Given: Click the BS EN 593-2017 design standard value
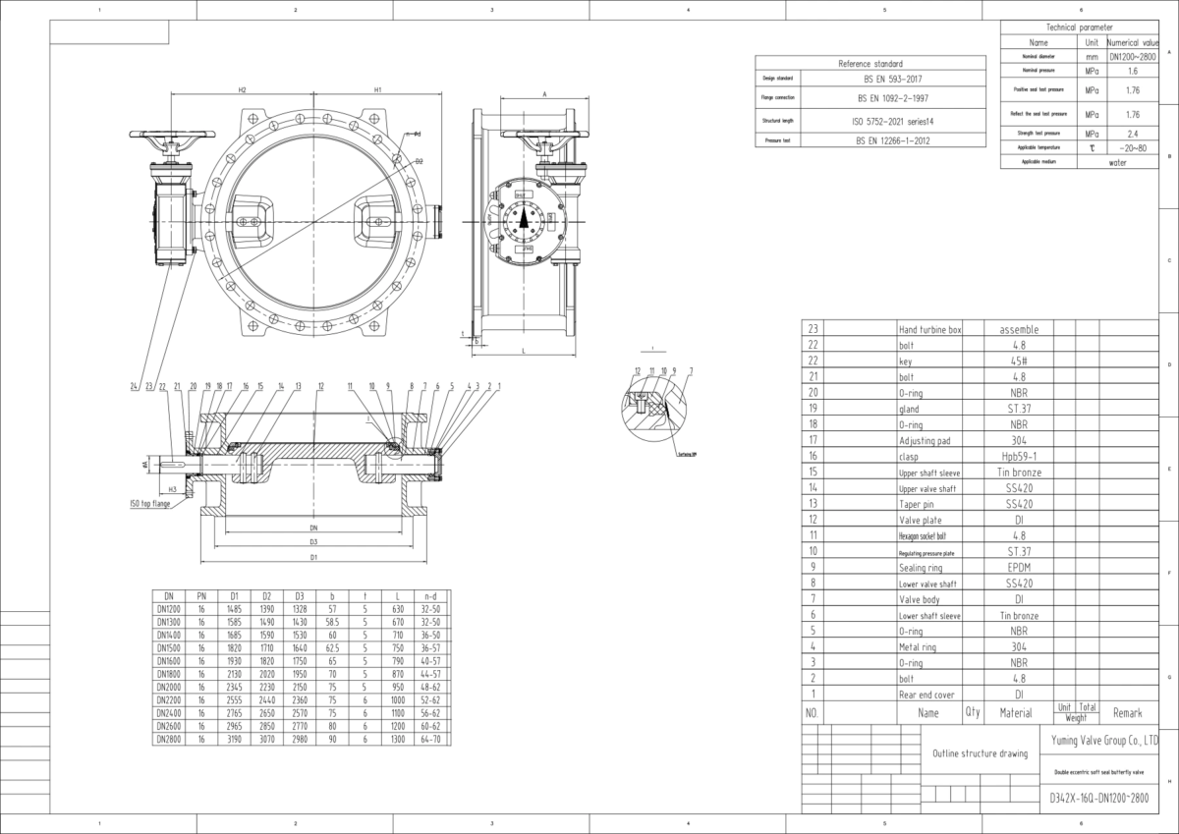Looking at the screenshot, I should tap(893, 78).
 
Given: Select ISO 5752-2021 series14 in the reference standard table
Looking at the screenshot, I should tap(893, 121).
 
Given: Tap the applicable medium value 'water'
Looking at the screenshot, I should tap(1117, 163).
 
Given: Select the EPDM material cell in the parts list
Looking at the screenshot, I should tap(1018, 568).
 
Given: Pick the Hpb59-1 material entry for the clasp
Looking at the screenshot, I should tap(1018, 457).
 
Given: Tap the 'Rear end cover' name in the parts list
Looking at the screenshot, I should tap(926, 695).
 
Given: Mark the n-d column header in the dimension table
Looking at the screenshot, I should tap(430, 595).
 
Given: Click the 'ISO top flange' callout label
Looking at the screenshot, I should tap(149, 503).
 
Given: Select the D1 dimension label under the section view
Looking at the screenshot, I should tap(313, 557).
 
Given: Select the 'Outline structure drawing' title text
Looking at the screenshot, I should tap(979, 753).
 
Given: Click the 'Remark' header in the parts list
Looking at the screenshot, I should tap(1127, 712).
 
